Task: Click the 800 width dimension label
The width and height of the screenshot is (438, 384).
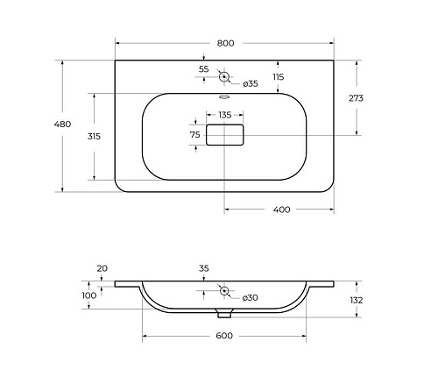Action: [225, 43]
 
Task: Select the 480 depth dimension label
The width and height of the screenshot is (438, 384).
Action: [62, 124]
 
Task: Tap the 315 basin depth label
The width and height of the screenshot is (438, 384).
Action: [94, 136]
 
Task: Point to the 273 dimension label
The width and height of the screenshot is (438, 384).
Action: [356, 98]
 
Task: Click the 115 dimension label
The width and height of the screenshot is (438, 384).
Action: [279, 77]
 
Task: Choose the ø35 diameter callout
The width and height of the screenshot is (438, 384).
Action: [251, 84]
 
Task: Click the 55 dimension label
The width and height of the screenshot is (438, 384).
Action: [204, 69]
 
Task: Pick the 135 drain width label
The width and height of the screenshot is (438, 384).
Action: [225, 115]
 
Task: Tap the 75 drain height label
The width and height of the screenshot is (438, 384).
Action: [195, 135]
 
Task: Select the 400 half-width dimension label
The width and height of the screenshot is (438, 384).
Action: [281, 210]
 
